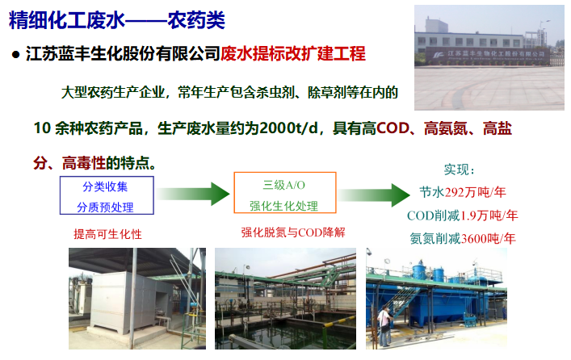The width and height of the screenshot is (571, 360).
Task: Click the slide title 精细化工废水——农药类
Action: pyautogui.click(x=117, y=20)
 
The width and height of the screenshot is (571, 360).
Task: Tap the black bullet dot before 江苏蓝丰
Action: pyautogui.click(x=15, y=55)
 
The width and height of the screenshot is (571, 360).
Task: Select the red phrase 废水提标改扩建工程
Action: pyautogui.click(x=293, y=53)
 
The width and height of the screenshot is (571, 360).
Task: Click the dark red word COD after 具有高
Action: pyautogui.click(x=393, y=128)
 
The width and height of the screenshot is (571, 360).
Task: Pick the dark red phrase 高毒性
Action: pyautogui.click(x=84, y=163)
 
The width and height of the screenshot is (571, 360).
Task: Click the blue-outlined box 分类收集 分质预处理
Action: pyautogui.click(x=107, y=195)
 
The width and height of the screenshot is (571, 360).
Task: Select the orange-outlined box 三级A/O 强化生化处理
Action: pyautogui.click(x=285, y=193)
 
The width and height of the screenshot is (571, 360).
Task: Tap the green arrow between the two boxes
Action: pyautogui.click(x=193, y=194)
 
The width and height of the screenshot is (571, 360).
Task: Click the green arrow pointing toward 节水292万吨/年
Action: pyautogui.click(x=374, y=195)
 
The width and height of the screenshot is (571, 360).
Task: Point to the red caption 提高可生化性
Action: pyautogui.click(x=107, y=234)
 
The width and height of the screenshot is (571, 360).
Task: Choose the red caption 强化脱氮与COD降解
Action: pyautogui.click(x=293, y=232)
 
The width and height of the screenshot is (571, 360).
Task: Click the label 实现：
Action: pyautogui.click(x=460, y=170)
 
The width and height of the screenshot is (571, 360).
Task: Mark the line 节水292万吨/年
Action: pyautogui.click(x=463, y=192)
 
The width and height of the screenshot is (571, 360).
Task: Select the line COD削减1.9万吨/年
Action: pyautogui.click(x=463, y=216)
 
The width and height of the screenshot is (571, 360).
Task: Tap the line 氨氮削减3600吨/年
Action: pyautogui.click(x=463, y=239)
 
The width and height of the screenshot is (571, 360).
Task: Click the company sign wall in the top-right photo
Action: pyautogui.click(x=487, y=56)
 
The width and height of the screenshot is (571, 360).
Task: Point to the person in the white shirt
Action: pyautogui.click(x=384, y=326)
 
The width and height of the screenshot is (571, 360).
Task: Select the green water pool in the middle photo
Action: pyautogui.click(x=288, y=331)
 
